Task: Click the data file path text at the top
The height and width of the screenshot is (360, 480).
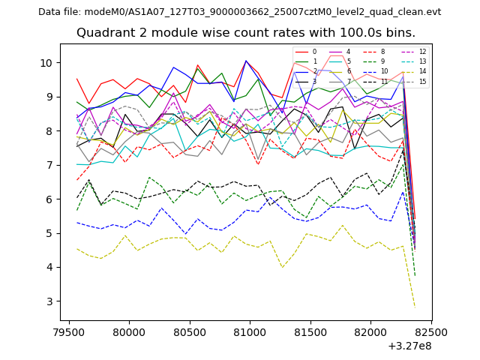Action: pyautogui.click(x=239, y=12)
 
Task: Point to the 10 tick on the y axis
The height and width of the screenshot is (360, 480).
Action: pyautogui.click(x=47, y=62)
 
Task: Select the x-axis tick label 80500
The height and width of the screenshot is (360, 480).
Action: pyautogui.click(x=189, y=331)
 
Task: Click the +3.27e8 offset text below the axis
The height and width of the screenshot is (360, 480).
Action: pyautogui.click(x=410, y=346)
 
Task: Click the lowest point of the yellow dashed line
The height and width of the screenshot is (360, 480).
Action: pyautogui.click(x=415, y=306)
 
